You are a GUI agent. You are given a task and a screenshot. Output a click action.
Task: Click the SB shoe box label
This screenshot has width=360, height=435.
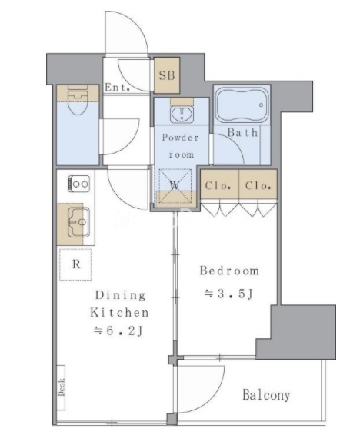[x=167, y=75]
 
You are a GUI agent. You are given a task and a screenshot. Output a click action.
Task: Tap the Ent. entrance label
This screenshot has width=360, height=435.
[x=118, y=88]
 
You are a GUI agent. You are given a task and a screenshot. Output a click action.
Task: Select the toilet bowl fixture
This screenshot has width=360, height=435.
[x=78, y=100]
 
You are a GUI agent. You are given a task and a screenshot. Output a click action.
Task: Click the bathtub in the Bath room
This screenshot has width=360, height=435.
[x=242, y=105]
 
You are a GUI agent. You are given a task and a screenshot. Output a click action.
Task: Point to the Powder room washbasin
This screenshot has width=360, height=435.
[x=182, y=114]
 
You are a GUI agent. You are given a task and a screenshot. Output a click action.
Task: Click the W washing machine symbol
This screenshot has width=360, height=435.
[x=175, y=185]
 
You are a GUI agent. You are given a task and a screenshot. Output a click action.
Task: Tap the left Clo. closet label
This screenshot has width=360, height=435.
[x=218, y=185]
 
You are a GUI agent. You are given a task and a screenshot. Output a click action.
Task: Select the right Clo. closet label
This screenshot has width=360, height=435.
[x=258, y=185]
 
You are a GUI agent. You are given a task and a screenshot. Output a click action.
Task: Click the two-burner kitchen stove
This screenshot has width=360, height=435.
[x=79, y=184]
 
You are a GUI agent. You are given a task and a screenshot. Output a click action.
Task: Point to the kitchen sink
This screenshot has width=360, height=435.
[x=78, y=222]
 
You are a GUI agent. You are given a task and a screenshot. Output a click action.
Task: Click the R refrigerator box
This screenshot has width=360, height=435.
[x=75, y=264]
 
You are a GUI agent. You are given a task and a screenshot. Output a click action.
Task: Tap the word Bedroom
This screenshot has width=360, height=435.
[x=229, y=271]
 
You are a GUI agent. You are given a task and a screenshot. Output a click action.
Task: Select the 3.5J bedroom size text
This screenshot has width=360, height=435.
[x=229, y=294]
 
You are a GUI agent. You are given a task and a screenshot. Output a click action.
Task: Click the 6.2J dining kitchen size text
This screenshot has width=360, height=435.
[x=118, y=330]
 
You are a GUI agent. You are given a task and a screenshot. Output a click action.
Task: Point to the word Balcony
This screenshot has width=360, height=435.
[x=266, y=395]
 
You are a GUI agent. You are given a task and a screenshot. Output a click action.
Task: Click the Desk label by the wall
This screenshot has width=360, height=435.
[x=62, y=387]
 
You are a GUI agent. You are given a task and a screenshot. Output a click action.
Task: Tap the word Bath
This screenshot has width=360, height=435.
[x=242, y=133]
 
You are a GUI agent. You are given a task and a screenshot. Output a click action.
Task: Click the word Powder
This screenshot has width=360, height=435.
[x=181, y=138]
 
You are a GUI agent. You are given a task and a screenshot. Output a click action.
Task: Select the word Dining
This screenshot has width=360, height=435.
[x=120, y=295]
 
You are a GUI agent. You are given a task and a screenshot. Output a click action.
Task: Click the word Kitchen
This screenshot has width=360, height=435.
[x=119, y=313]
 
